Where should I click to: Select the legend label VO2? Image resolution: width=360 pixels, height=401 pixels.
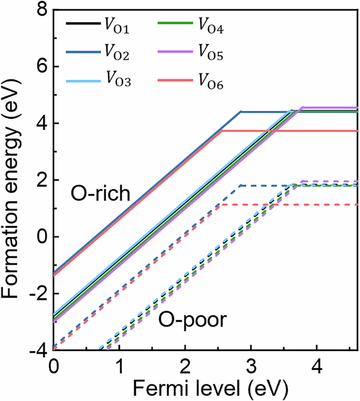click(x=116, y=53)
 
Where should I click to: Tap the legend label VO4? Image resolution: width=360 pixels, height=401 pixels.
click(x=211, y=25)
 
